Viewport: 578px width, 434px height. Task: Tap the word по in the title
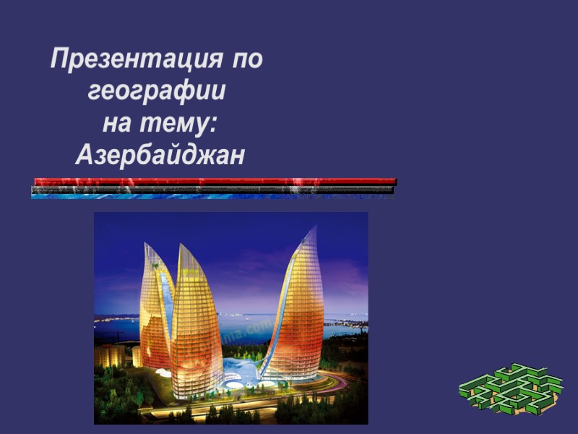[247, 59]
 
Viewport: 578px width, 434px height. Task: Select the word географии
[157, 91]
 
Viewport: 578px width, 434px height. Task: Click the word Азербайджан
[160, 154]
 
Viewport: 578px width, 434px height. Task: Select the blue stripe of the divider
[210, 196]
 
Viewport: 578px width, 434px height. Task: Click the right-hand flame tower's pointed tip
[316, 227]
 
